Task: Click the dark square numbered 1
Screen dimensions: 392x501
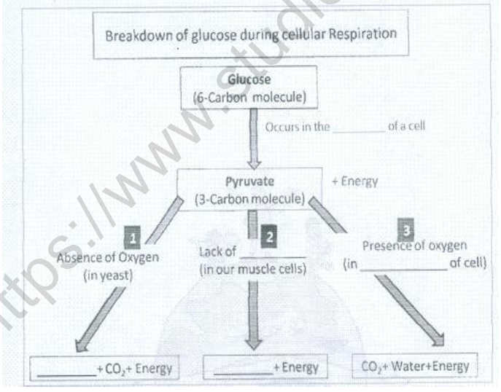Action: pyautogui.click(x=133, y=237)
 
